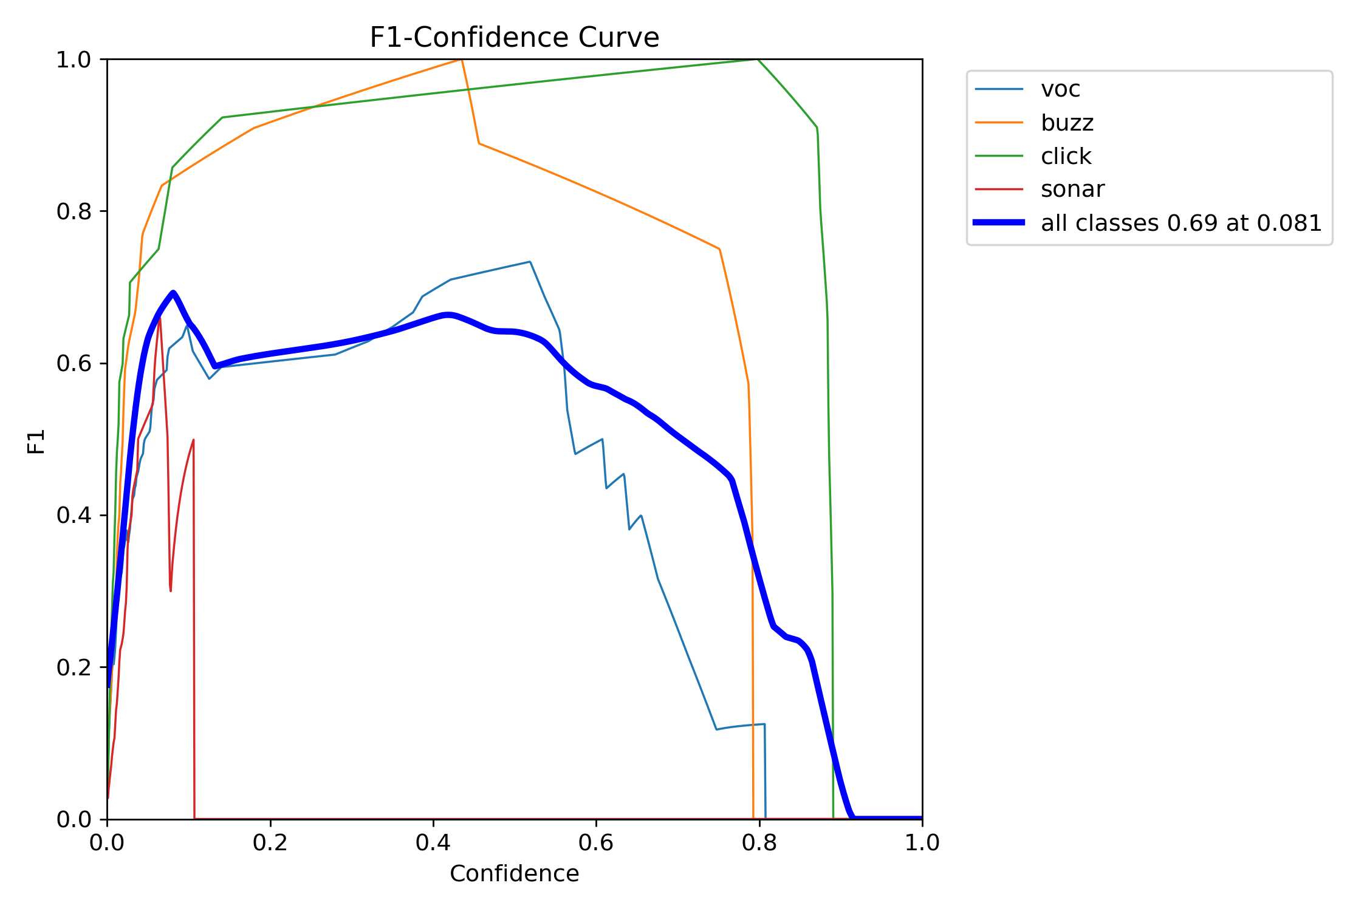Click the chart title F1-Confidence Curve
[x=514, y=38]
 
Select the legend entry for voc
[x=1060, y=89]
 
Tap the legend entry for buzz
[x=1067, y=123]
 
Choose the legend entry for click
[x=1066, y=156]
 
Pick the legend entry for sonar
[x=1072, y=189]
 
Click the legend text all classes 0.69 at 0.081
[x=1181, y=223]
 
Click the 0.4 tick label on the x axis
[x=433, y=843]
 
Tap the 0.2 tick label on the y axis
[x=74, y=667]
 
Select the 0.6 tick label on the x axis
[x=596, y=843]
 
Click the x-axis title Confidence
[x=514, y=874]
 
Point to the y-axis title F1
[x=36, y=442]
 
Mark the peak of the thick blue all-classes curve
[x=173, y=293]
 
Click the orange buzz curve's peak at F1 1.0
[x=462, y=60]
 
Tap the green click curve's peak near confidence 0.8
[x=758, y=60]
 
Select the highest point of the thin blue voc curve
[x=530, y=262]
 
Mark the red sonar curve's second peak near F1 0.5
[x=193, y=440]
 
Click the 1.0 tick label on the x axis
[x=922, y=843]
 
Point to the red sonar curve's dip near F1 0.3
[x=171, y=590]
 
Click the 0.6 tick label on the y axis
[x=74, y=363]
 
